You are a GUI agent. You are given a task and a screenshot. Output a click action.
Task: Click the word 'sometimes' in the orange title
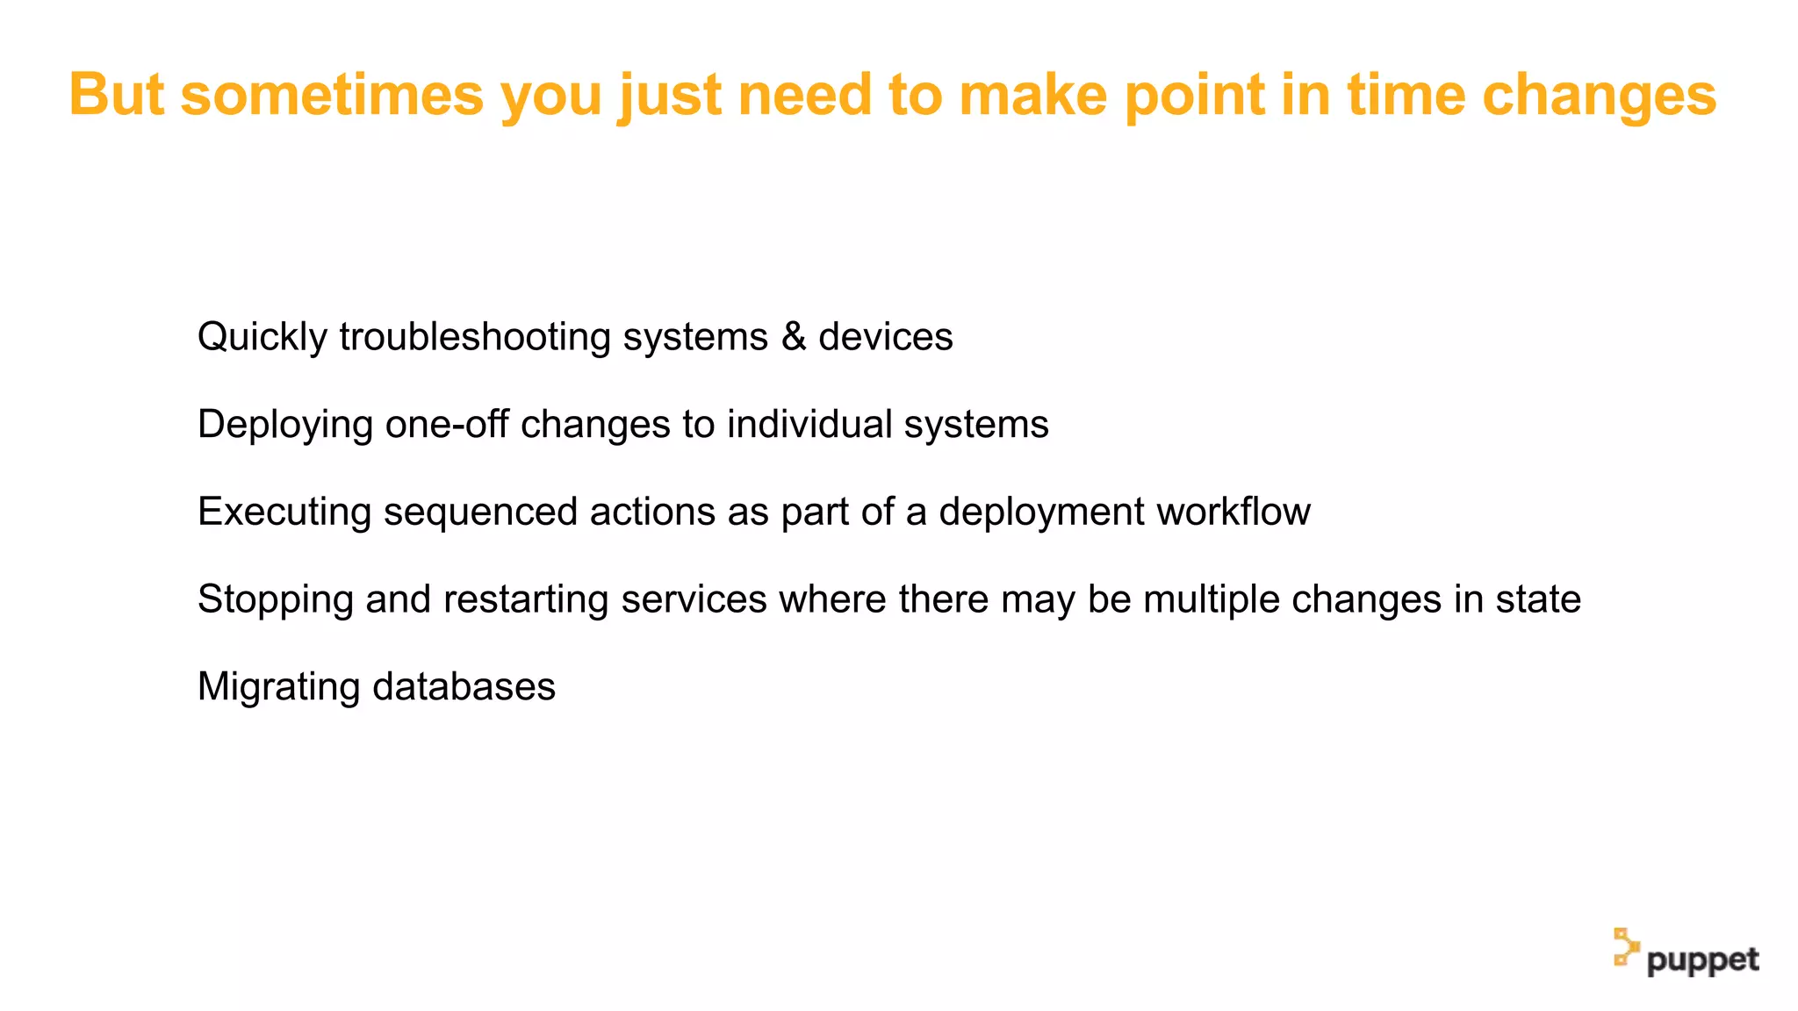click(332, 95)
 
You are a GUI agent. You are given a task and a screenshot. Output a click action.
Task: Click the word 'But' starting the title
click(116, 95)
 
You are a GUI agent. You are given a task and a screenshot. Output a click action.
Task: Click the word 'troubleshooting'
click(475, 338)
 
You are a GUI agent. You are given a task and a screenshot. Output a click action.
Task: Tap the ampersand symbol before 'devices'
click(794, 337)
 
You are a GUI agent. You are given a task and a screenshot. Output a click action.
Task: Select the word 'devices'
click(885, 337)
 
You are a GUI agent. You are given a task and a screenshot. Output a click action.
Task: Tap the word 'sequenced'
click(480, 513)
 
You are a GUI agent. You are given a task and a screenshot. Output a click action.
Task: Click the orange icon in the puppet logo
click(1625, 948)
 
